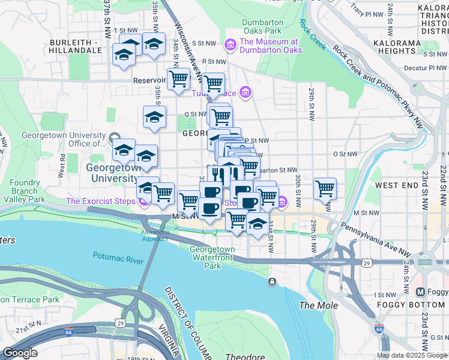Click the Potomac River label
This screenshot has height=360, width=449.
(x=118, y=256)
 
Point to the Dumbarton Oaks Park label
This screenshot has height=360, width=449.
(x=262, y=26)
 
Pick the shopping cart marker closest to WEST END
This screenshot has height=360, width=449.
(x=325, y=188)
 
